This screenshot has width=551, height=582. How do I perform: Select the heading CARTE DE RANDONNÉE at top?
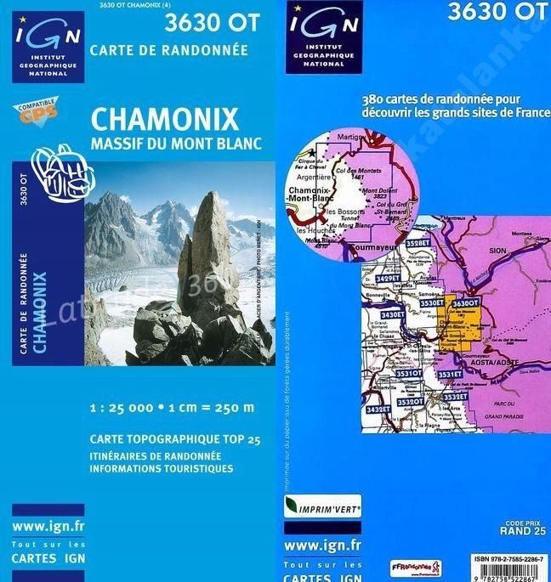click(x=169, y=50)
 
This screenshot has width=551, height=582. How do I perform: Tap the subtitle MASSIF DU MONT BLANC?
click(x=176, y=143)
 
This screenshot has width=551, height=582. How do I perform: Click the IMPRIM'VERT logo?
click(x=322, y=508)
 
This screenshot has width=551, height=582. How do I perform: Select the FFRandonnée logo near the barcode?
click(x=417, y=567)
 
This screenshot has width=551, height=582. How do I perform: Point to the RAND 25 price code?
click(x=522, y=531)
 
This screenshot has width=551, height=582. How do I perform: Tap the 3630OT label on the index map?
click(x=466, y=303)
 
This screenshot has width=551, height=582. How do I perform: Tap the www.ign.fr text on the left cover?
click(x=48, y=527)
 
